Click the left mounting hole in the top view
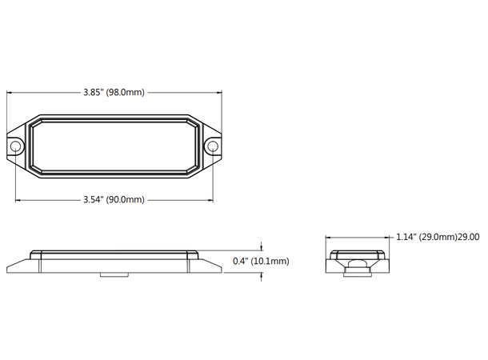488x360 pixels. [15, 146]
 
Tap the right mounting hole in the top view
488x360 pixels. [212, 146]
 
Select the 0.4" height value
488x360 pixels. [238, 261]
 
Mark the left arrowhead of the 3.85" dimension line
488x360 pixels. [10, 93]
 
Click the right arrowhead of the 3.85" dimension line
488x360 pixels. [218, 93]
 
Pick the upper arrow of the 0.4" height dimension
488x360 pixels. [262, 247]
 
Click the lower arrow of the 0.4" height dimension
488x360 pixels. [262, 276]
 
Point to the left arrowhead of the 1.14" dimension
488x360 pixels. [330, 237]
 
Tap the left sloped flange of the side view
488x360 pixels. [18, 264]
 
